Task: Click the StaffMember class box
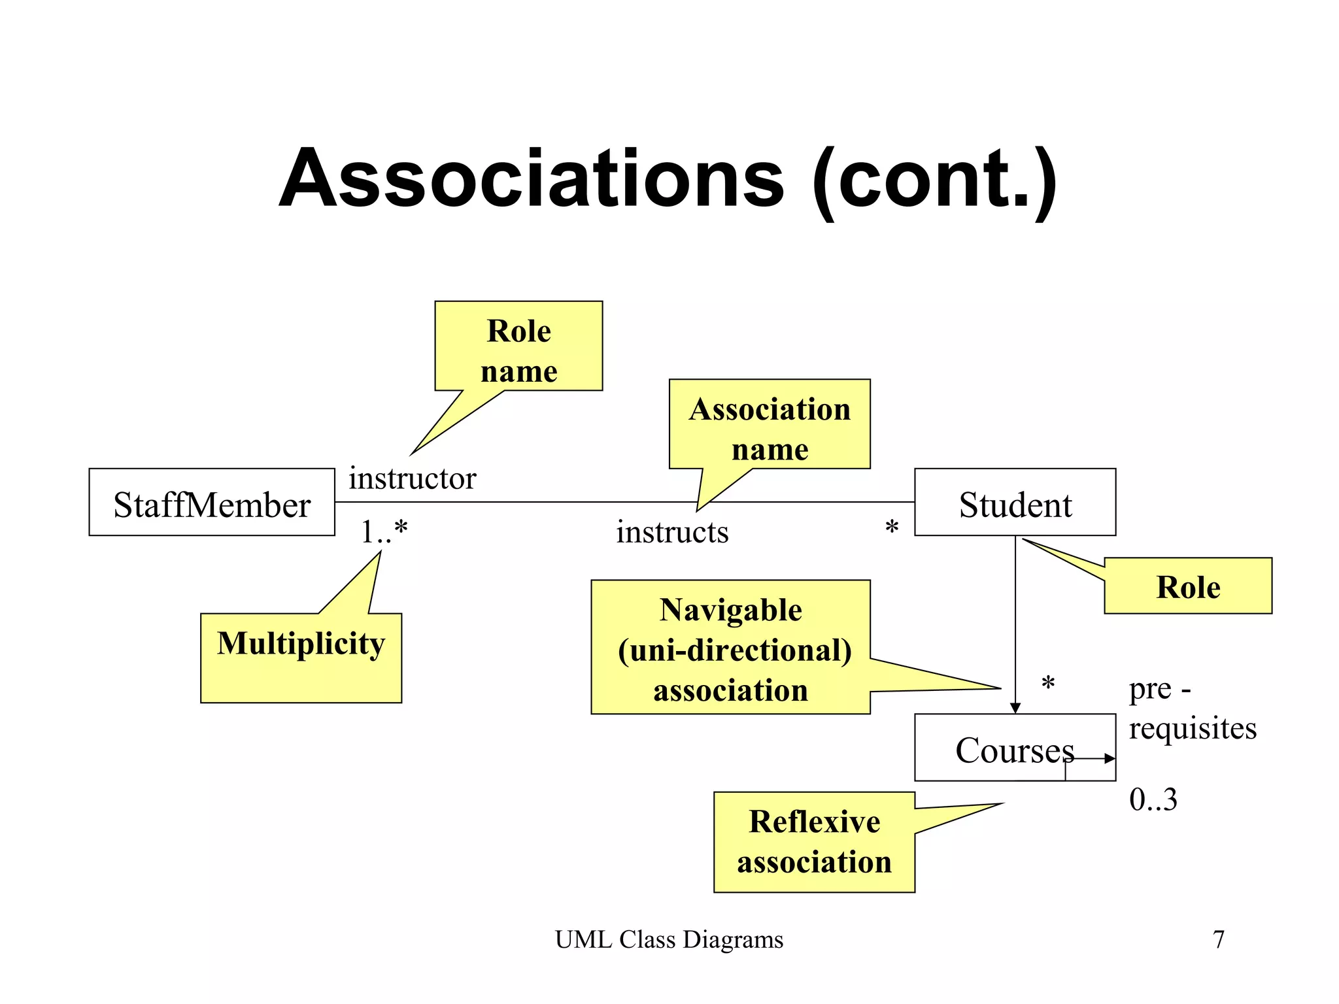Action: (211, 502)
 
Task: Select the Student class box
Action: (1014, 502)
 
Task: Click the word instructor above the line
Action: (412, 478)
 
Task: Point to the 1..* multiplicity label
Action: (384, 531)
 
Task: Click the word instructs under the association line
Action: (671, 531)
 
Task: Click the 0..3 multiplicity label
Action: (1153, 799)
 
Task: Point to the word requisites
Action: (1192, 728)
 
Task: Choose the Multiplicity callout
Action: (301, 657)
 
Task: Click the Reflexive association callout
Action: (814, 842)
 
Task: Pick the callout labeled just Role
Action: (1187, 586)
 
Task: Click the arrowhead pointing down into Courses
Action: (1015, 708)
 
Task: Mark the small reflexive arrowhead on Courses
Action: (1110, 758)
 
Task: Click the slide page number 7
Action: (1218, 939)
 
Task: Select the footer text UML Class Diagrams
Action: (669, 939)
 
